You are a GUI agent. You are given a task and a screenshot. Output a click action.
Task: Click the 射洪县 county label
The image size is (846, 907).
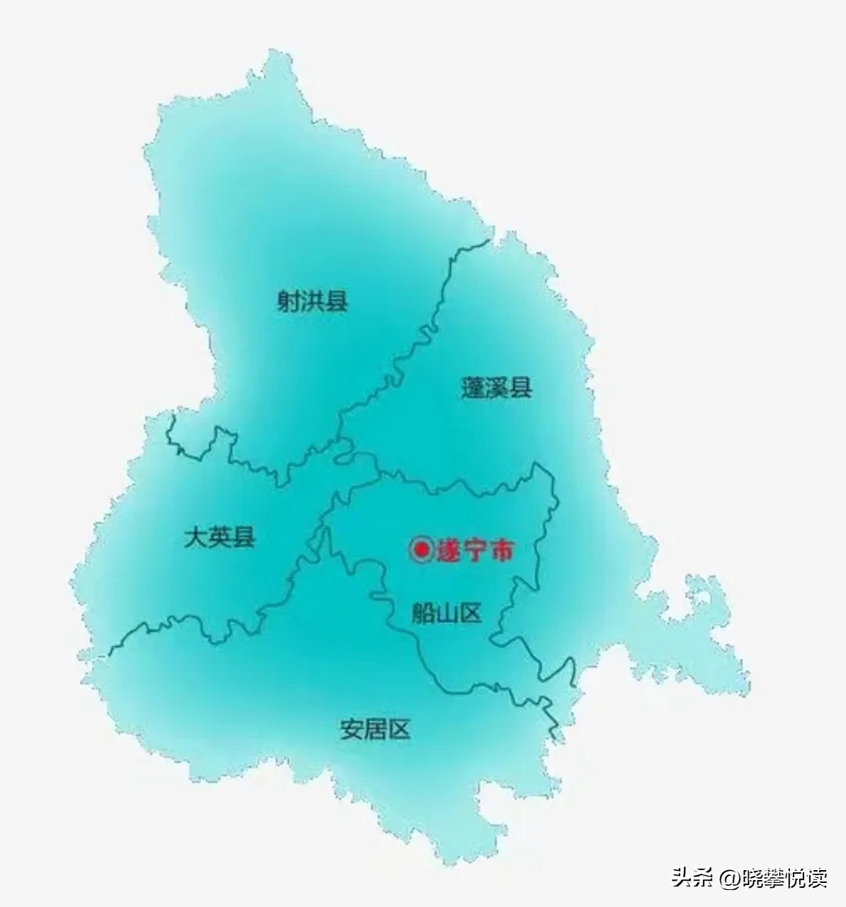(312, 302)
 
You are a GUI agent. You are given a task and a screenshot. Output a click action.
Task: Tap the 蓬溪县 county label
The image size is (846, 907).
(496, 388)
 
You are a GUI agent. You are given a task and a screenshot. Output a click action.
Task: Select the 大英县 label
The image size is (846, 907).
(219, 537)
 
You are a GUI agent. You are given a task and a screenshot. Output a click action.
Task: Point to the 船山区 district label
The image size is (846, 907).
(446, 612)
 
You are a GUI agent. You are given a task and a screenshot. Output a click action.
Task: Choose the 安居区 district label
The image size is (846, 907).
(375, 729)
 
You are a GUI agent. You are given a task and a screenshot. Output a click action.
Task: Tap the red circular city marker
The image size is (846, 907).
(422, 550)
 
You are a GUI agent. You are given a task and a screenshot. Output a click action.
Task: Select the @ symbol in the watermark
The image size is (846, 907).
(731, 879)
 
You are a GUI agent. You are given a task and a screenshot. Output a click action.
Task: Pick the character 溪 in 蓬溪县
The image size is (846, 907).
(496, 388)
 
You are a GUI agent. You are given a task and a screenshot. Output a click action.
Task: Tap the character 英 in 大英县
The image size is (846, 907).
(219, 537)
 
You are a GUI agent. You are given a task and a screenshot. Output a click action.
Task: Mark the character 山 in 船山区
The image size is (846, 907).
(446, 612)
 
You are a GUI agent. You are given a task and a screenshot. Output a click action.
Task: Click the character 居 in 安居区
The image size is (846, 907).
(375, 729)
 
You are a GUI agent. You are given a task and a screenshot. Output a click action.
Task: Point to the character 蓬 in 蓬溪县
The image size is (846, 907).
(473, 388)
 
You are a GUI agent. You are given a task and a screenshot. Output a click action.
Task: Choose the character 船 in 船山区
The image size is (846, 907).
(423, 612)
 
